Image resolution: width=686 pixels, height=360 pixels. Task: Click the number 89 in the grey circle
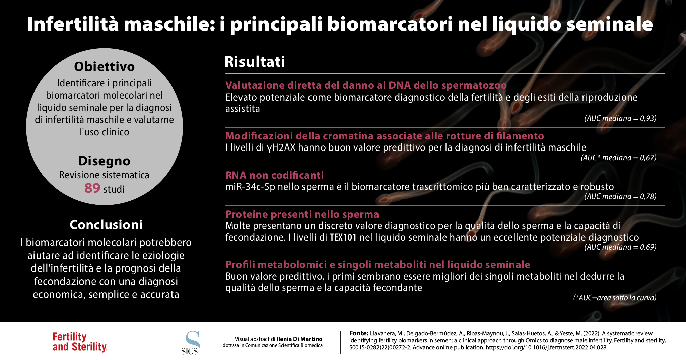coord(92,188)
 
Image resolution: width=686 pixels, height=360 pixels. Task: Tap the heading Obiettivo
coord(104,67)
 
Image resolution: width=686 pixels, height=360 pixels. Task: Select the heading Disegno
coord(104,161)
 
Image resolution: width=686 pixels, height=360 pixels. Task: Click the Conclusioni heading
coord(106,225)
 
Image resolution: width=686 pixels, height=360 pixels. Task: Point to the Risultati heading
coord(255,62)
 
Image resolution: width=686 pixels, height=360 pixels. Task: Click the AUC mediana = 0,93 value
coord(620,118)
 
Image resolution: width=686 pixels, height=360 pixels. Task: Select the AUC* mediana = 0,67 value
coord(618,158)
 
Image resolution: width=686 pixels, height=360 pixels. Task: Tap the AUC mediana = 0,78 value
coord(620,196)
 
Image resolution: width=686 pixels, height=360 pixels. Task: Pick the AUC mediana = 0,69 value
coord(620,247)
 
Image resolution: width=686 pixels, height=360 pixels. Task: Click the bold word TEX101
coord(343,237)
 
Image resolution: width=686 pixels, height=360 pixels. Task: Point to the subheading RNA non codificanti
coord(274,175)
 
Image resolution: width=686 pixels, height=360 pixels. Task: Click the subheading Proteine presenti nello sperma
coord(302,214)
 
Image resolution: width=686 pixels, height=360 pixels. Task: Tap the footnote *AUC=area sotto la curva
coord(615,298)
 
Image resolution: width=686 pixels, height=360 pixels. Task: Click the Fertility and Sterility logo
coord(80,342)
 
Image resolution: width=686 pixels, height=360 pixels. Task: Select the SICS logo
coord(191,343)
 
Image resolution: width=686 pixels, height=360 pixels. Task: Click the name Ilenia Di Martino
coord(299,339)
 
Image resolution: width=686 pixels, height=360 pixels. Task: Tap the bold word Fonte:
coord(359,333)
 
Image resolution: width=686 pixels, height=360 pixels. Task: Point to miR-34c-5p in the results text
coord(250,187)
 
